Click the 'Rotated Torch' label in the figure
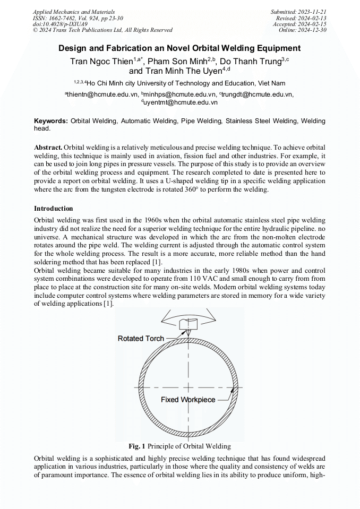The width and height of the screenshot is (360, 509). (x=141, y=338)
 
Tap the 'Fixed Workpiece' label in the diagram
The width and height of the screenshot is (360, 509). (x=188, y=400)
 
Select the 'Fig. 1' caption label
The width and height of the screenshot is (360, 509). (x=137, y=446)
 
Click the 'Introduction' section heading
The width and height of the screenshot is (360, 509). (x=54, y=208)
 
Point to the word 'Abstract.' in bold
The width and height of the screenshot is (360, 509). (x=48, y=146)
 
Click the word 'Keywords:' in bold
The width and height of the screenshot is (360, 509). (x=51, y=121)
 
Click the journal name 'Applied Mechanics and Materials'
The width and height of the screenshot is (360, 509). (x=74, y=12)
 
